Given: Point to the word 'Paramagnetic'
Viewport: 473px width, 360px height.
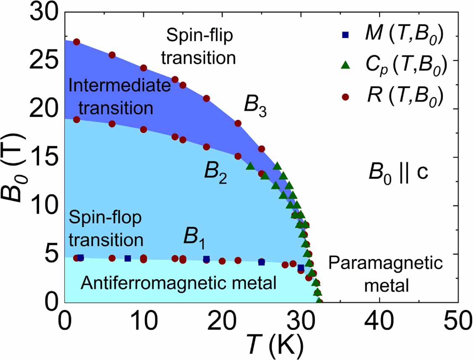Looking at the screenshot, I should [386, 264].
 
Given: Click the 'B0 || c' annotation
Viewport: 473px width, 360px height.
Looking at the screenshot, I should [397, 173].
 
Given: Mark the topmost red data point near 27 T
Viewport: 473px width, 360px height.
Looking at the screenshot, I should [77, 42].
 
